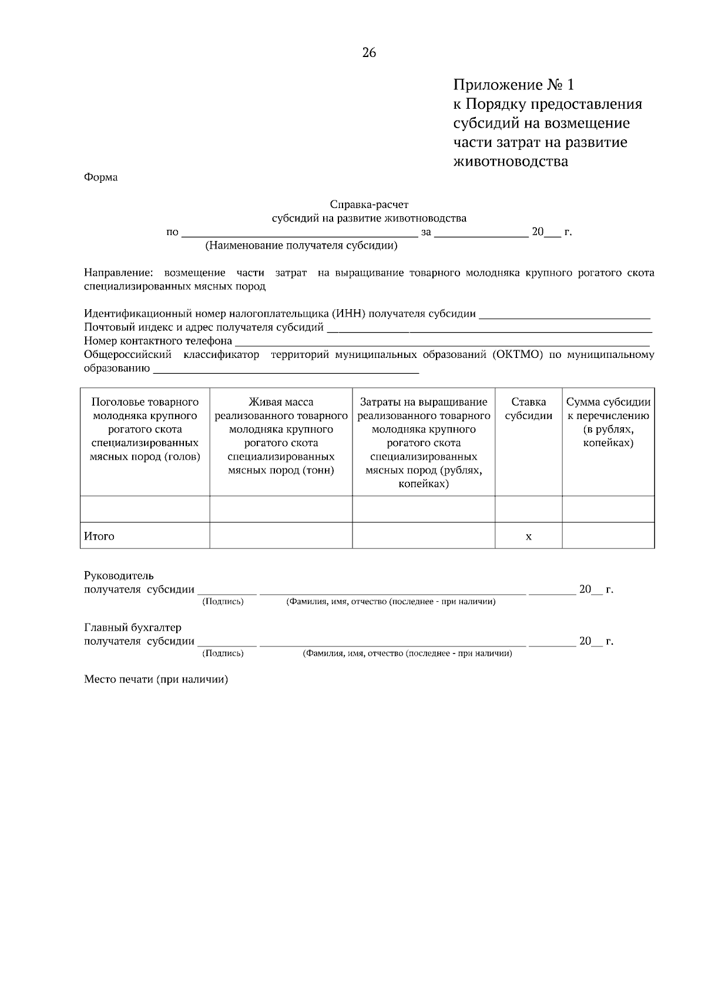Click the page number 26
tap(369, 53)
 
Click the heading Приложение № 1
tap(513, 85)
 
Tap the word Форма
tap(100, 178)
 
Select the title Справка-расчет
tap(369, 205)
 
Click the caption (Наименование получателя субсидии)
tap(301, 246)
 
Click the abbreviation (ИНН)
tap(348, 313)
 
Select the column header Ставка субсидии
tap(528, 409)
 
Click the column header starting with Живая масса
tap(281, 436)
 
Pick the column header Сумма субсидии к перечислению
tap(608, 422)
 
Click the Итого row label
tap(99, 536)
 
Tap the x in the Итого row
tap(528, 536)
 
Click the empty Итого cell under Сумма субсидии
tap(608, 535)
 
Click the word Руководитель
tap(119, 575)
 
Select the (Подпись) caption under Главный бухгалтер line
tap(223, 653)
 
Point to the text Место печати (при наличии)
tap(156, 679)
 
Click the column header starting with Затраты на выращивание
tap(423, 443)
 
